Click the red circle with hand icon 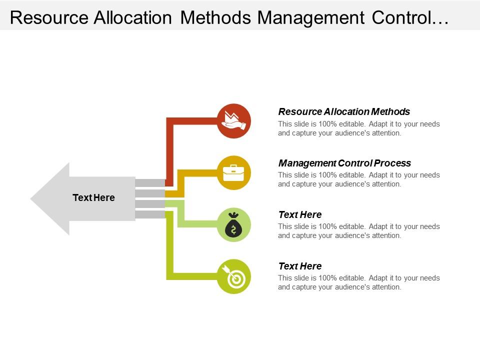pos(234,121)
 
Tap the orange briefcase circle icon pos(234,172)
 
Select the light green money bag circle pos(234,224)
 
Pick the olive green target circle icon pos(234,276)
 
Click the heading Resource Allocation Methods pos(344,111)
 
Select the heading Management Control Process pos(344,163)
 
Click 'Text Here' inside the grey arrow pos(93,198)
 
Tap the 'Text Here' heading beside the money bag pos(300,214)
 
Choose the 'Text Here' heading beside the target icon pos(300,266)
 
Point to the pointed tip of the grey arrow pos(30,199)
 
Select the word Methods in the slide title pos(215,18)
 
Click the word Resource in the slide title pos(49,18)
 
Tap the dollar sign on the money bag pos(234,229)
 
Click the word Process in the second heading pos(392,163)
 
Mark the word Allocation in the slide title pos(133,18)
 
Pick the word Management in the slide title pos(311,18)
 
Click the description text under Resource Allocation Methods pos(359,128)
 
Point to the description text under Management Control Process pos(359,179)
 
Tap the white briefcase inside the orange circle pos(234,173)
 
